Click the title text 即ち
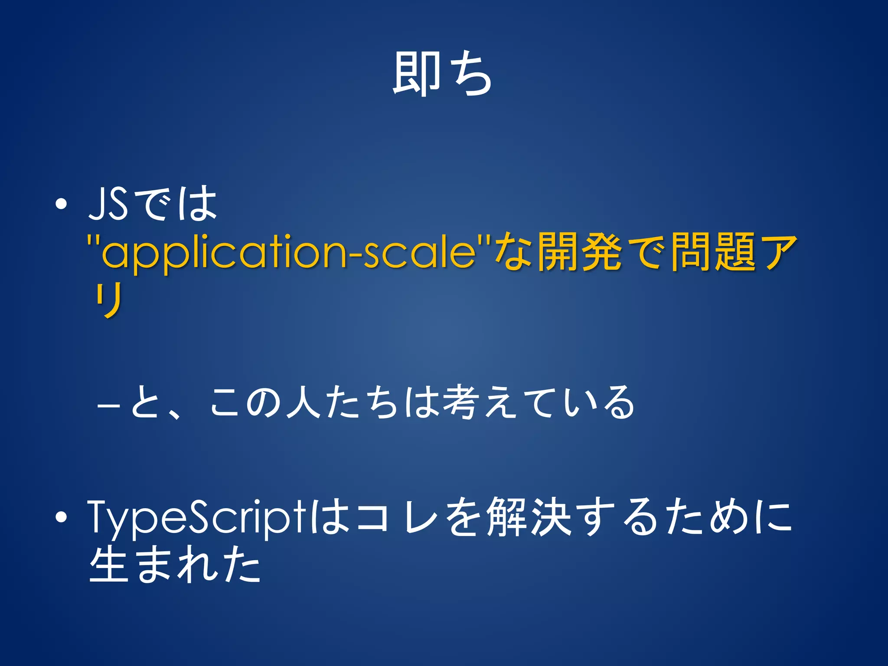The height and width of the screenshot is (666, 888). coord(442,74)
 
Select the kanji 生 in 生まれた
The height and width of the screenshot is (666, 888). coord(110,564)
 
